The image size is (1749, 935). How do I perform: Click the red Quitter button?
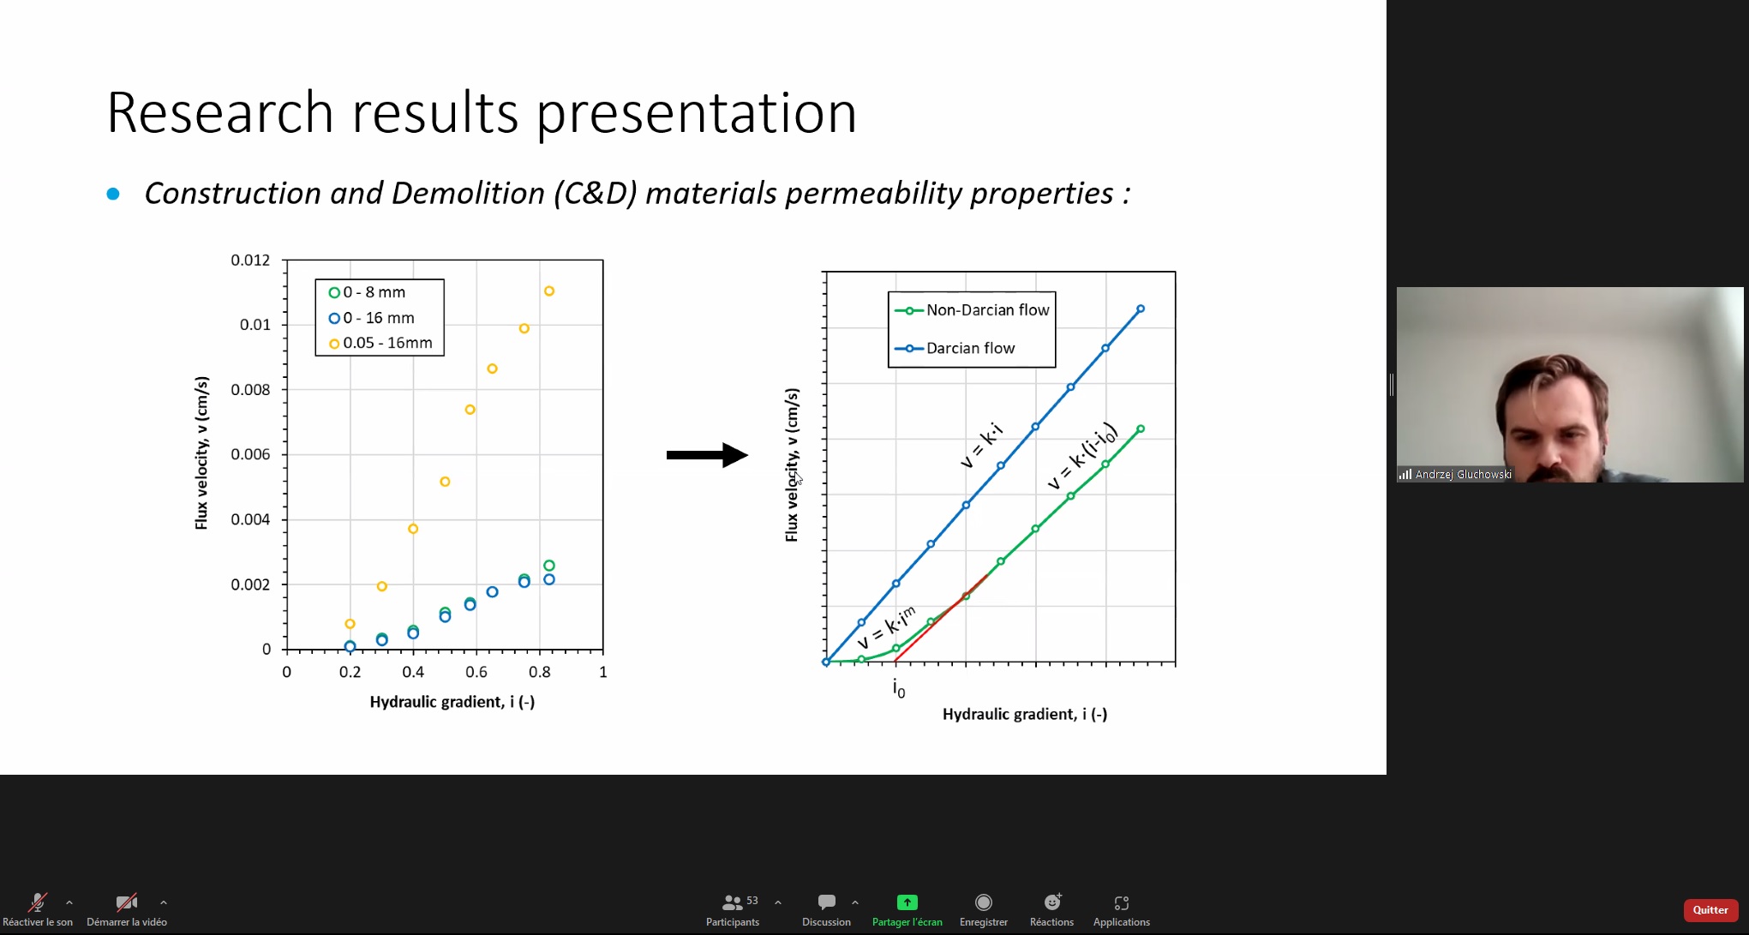coord(1710,910)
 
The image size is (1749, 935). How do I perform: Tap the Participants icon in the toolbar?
coord(732,902)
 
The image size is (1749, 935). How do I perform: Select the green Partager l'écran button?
coord(907,902)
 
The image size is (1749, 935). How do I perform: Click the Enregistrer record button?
coord(984,902)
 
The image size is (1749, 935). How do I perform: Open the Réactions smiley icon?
coord(1052,902)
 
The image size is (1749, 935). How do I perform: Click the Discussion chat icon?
coord(827,902)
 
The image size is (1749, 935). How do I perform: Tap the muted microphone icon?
coord(38,902)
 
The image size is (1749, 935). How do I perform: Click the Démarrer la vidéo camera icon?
coord(127,902)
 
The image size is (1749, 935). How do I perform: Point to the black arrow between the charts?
coord(707,454)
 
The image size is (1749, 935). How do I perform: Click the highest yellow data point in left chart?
coord(549,291)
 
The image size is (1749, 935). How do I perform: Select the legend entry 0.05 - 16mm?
coord(381,343)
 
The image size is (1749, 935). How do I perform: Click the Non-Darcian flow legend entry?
coord(972,310)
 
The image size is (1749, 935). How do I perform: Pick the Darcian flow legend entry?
coord(955,348)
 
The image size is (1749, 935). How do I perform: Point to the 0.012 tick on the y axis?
coord(250,260)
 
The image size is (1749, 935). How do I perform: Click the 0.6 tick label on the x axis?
coord(476,672)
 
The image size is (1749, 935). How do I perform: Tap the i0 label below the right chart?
coord(899,688)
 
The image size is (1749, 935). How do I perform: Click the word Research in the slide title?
coord(220,112)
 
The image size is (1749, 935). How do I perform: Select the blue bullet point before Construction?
coord(113,195)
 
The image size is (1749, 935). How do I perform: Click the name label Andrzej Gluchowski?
coord(1464,474)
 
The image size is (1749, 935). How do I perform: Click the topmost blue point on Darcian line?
coord(1141,309)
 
